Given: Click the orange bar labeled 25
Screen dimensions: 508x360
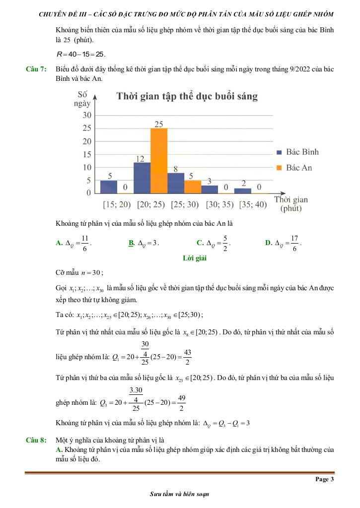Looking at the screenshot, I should coord(159,160).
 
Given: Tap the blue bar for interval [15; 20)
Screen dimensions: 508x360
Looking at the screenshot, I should coord(109,187).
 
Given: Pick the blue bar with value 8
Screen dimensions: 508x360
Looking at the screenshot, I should coord(176,183).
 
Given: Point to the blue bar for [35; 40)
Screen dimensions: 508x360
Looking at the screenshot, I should coord(243,190).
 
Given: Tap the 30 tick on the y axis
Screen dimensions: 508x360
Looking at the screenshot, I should coord(86,115).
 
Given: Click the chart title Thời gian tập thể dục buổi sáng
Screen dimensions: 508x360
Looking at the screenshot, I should coord(187,96).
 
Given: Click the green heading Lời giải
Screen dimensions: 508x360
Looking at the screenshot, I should coord(195,258).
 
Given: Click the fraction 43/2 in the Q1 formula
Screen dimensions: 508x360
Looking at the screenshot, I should coord(187,357).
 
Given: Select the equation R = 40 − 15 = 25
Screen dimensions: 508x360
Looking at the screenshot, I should coord(81,54).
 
